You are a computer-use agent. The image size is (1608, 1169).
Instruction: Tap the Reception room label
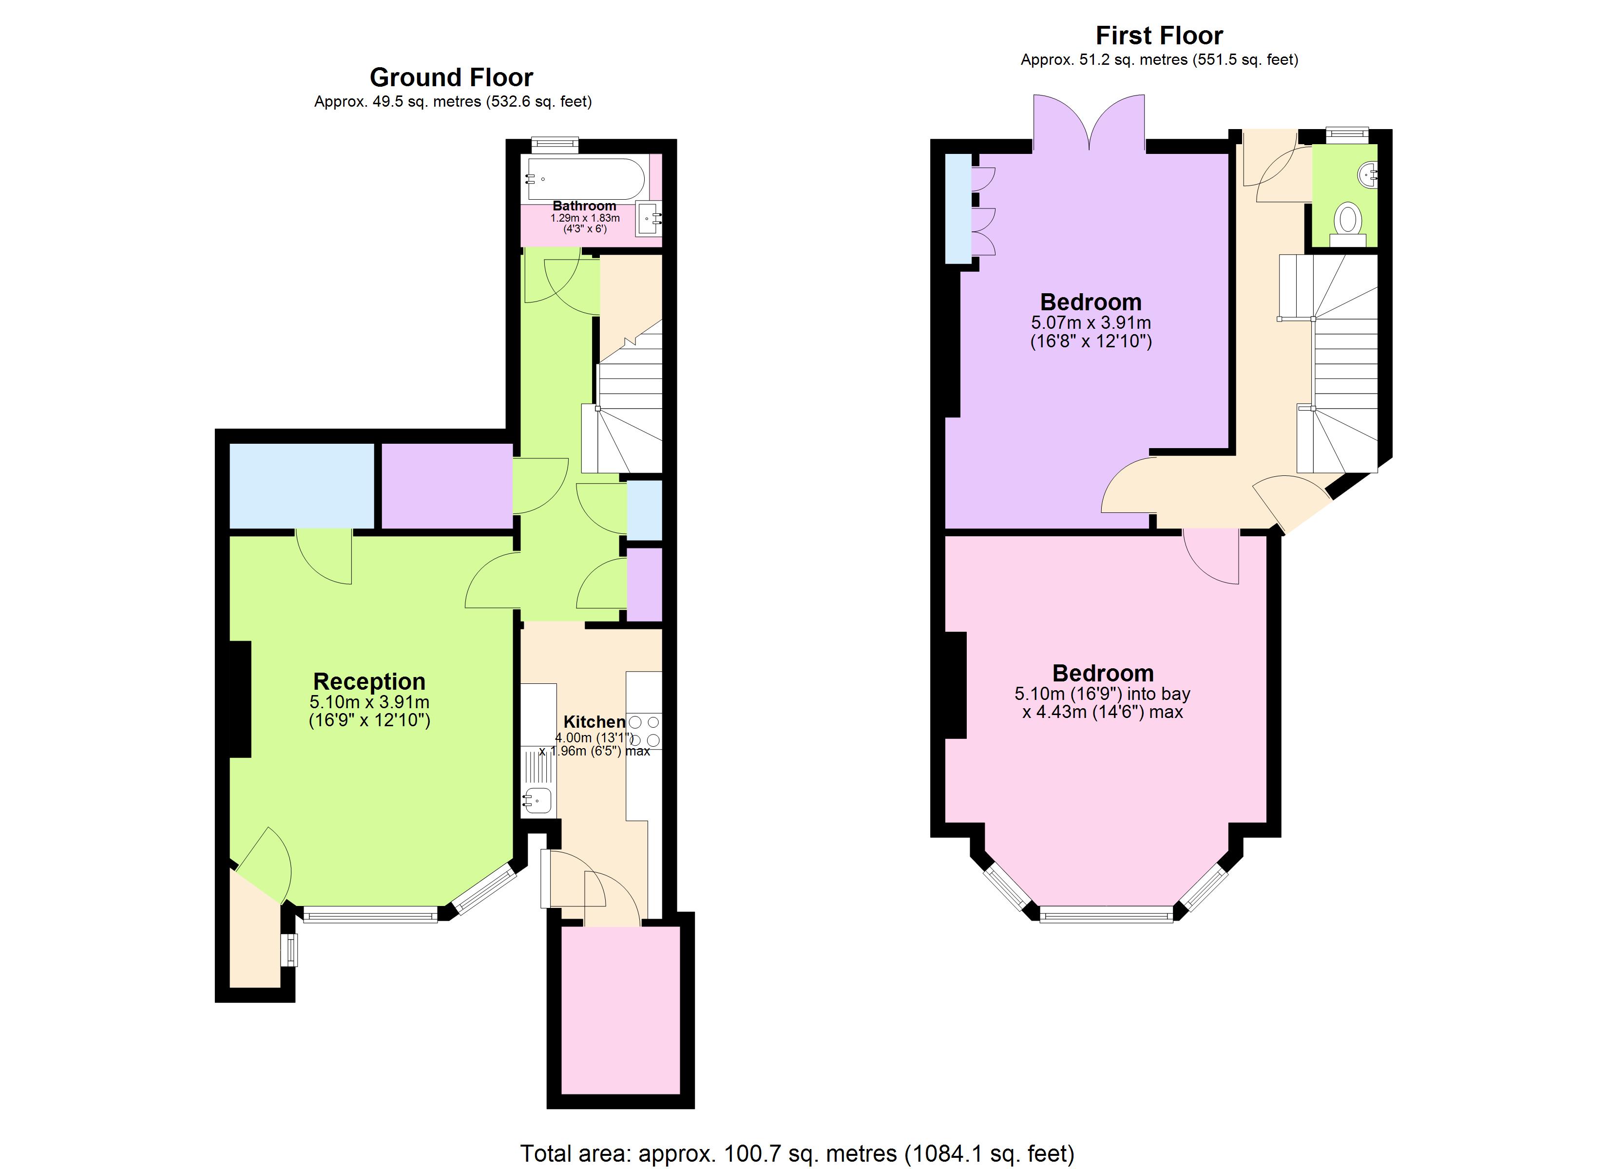pyautogui.click(x=369, y=681)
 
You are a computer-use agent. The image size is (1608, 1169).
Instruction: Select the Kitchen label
pyautogui.click(x=594, y=722)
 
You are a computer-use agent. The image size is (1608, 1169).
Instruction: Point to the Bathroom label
pyautogui.click(x=584, y=206)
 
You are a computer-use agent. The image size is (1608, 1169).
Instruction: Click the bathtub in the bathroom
pyautogui.click(x=586, y=179)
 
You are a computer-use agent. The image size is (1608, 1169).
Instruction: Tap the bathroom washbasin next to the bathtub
pyautogui.click(x=649, y=219)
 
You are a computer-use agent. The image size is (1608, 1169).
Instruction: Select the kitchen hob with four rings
pyautogui.click(x=644, y=731)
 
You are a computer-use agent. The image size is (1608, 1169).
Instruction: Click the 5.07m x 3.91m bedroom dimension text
pyautogui.click(x=1091, y=322)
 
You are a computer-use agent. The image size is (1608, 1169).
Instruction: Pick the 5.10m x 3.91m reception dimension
pyautogui.click(x=369, y=702)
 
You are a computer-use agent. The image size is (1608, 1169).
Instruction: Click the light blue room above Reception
pyautogui.click(x=301, y=486)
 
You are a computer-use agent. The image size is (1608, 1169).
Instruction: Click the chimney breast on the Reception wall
pyautogui.click(x=240, y=699)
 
